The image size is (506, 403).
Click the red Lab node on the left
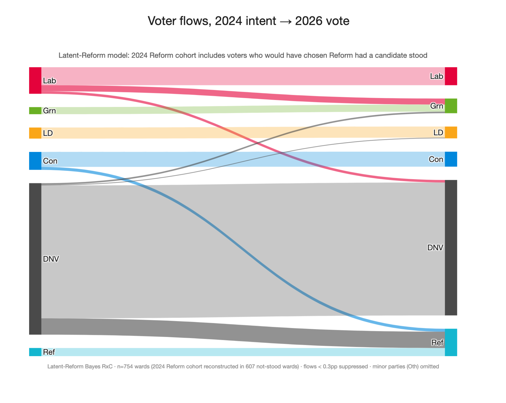click(x=35, y=80)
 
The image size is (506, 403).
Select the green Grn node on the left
click(x=35, y=110)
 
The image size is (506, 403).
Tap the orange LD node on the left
click(x=35, y=133)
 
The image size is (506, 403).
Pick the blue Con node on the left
click(x=35, y=161)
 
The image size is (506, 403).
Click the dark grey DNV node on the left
click(x=35, y=259)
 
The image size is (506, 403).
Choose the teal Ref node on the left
click(x=35, y=352)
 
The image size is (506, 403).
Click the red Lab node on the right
click(x=451, y=76)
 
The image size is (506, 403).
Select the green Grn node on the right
click(x=451, y=106)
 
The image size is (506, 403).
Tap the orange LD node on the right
click(x=451, y=132)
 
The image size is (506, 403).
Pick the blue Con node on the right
click(x=451, y=159)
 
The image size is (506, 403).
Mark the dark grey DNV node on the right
click(x=451, y=248)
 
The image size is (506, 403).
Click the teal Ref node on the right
click(x=451, y=342)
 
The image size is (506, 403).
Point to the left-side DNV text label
click(x=51, y=259)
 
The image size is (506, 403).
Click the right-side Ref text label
click(x=437, y=342)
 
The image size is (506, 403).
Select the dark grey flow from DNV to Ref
click(x=242, y=332)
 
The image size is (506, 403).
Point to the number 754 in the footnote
click(x=125, y=366)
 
